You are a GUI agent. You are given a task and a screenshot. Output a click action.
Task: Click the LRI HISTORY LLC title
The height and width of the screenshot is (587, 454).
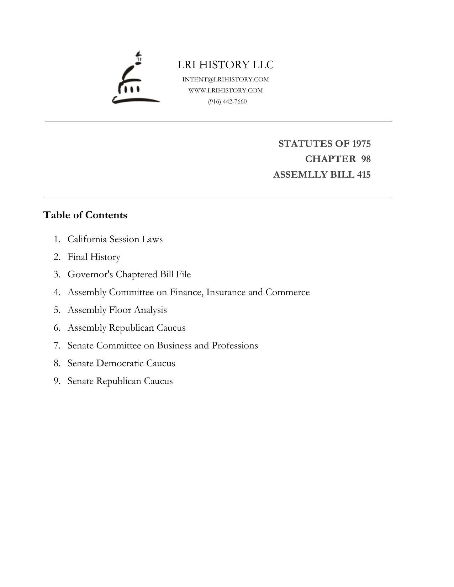(226, 65)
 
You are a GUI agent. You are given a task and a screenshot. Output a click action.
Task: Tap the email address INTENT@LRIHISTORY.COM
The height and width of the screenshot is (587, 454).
(226, 79)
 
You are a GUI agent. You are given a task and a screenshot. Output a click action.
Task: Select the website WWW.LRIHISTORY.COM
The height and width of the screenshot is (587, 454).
(226, 90)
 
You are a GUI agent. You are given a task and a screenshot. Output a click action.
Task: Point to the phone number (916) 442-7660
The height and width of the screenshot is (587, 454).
(227, 101)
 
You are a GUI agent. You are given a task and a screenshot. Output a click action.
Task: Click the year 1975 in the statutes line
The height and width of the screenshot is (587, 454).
(361, 144)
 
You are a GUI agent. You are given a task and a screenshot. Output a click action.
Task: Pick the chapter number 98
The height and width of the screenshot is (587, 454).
(366, 159)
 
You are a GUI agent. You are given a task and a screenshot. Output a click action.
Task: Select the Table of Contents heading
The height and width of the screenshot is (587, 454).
(85, 215)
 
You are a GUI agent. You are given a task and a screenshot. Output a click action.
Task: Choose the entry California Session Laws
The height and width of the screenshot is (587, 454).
(115, 239)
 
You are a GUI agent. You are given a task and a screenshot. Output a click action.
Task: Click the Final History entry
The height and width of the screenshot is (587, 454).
(94, 257)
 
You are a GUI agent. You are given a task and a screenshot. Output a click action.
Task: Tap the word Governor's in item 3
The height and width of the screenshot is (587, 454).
(90, 274)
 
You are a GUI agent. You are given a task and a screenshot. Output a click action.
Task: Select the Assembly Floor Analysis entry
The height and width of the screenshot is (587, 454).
(117, 310)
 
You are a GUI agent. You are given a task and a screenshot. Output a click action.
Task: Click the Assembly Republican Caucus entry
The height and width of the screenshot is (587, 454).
(126, 328)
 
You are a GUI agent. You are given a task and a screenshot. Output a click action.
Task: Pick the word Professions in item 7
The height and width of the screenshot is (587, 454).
(235, 346)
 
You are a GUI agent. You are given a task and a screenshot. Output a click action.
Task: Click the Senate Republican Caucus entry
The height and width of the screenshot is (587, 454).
(120, 381)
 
